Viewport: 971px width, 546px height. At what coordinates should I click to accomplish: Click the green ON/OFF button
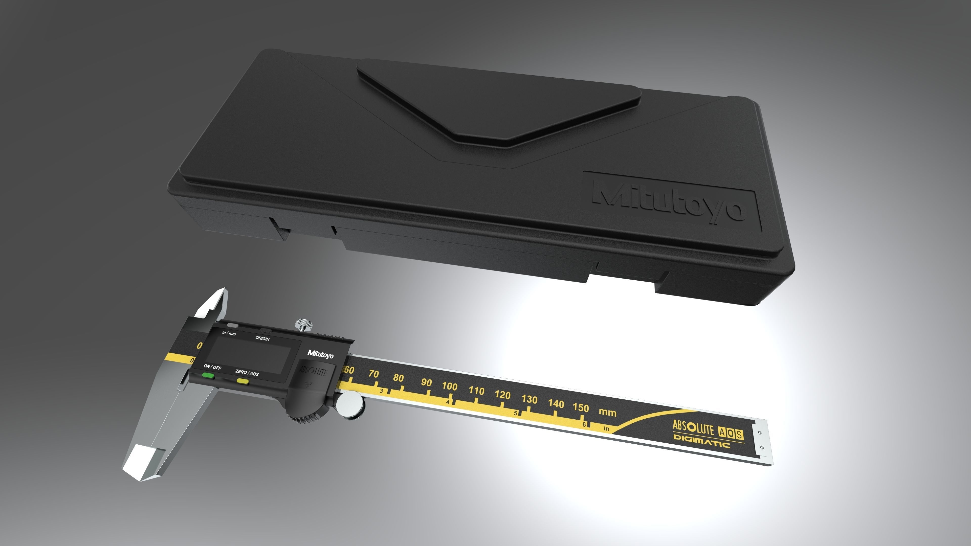208,376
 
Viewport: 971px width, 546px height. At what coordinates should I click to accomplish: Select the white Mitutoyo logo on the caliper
320,354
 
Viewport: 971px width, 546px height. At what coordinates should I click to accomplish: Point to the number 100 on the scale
449,386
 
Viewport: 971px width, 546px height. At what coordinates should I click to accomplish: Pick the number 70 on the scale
373,374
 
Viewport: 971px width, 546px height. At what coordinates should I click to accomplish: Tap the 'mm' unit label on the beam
607,412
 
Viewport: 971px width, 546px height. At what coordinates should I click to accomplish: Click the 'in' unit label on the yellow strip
606,428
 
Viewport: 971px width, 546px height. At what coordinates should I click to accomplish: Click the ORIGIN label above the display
262,338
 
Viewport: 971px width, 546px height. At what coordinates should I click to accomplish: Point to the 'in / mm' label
229,333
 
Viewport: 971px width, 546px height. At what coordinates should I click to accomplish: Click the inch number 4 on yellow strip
447,402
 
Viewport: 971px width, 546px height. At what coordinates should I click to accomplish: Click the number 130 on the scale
529,399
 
